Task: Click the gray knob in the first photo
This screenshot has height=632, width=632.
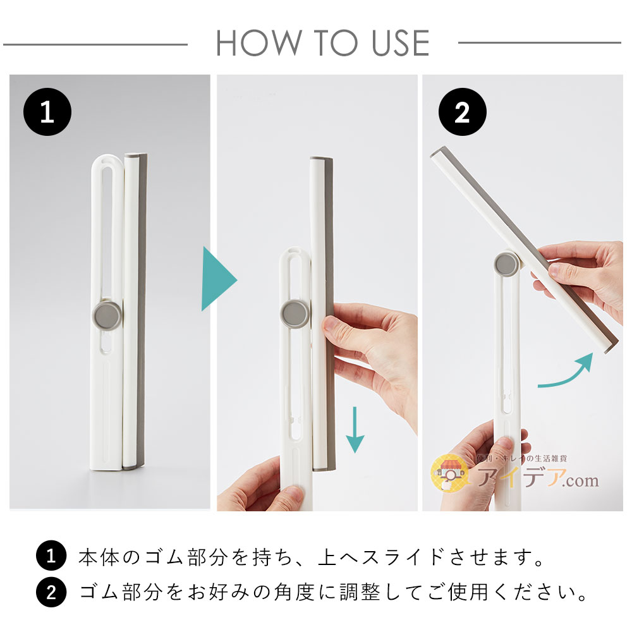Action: click(107, 314)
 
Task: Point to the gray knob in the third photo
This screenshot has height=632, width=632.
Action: click(507, 264)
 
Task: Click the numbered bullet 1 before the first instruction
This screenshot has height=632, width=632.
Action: click(51, 557)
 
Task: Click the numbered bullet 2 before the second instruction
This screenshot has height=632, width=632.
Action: click(51, 592)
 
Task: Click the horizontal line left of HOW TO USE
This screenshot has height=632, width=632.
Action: click(95, 44)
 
